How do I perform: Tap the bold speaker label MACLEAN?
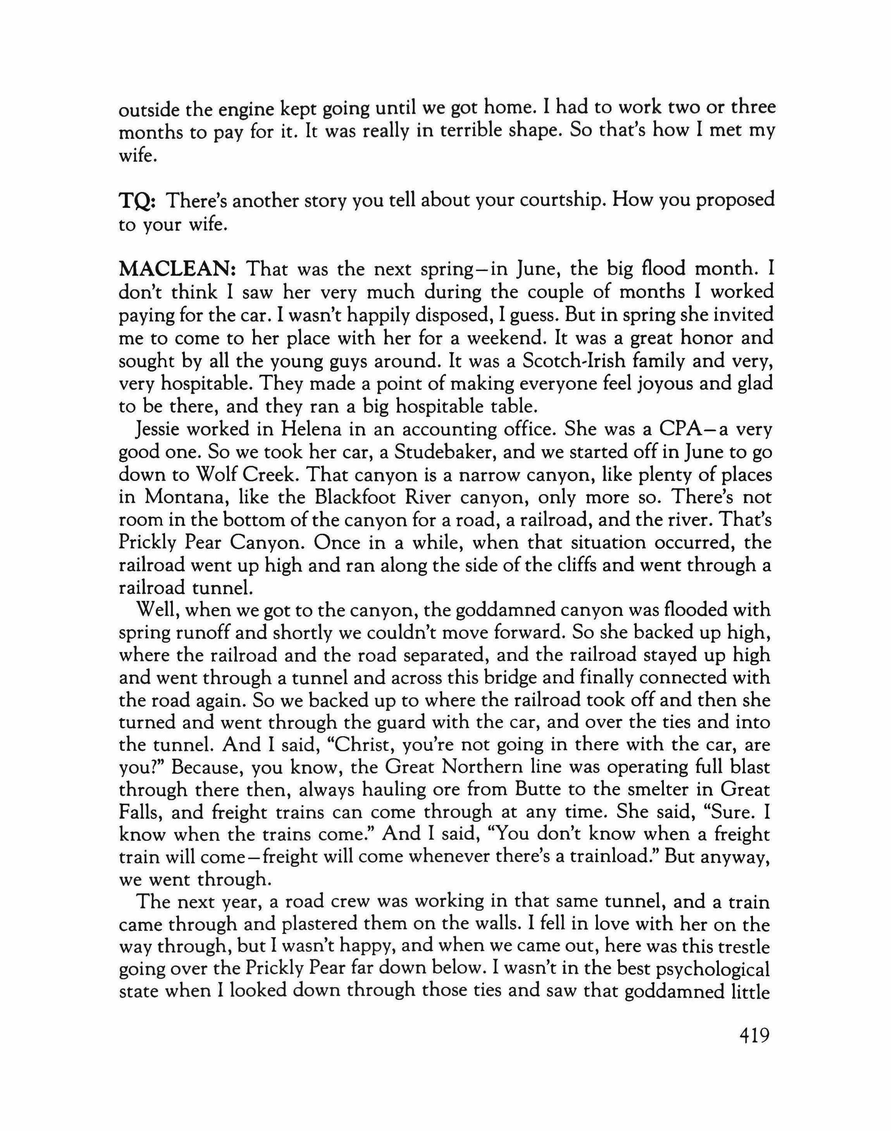point(179,270)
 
